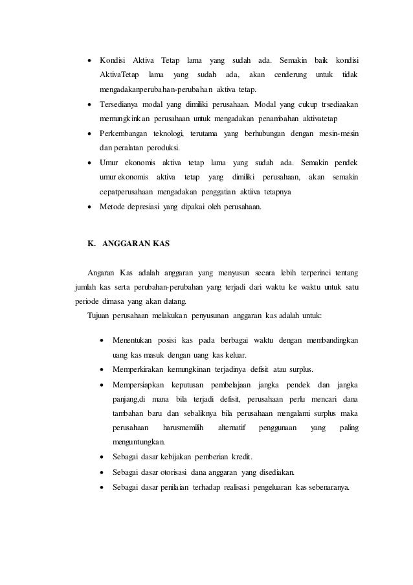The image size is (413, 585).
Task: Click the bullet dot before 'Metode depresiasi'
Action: point(89,207)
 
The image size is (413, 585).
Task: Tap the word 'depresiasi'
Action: point(150,207)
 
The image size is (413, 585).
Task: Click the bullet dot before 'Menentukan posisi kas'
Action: point(101,341)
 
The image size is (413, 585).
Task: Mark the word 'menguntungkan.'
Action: point(138,443)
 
